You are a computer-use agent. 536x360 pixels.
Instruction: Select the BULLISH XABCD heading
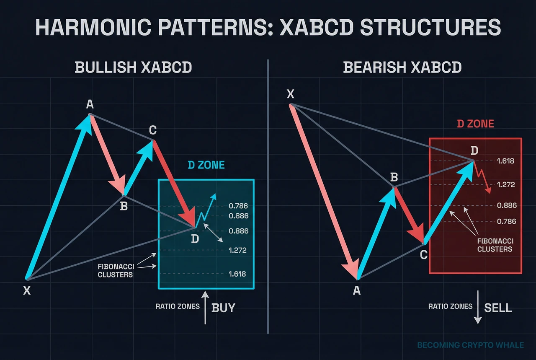click(x=133, y=67)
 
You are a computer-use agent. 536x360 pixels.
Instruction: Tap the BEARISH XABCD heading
click(x=402, y=67)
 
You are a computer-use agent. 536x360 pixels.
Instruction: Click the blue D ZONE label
click(x=206, y=165)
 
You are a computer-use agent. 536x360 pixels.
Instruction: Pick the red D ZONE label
click(x=475, y=124)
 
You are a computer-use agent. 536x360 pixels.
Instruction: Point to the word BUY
click(x=223, y=308)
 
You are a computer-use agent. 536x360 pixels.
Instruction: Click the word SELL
click(x=498, y=308)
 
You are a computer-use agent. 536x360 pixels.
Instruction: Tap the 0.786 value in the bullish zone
click(x=238, y=206)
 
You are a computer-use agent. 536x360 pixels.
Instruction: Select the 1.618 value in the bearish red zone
click(x=505, y=161)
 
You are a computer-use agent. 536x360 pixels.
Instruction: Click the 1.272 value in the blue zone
click(x=237, y=250)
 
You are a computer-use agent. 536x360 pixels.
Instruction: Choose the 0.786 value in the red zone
click(x=506, y=221)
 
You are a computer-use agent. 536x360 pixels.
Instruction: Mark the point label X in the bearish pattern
click(x=291, y=94)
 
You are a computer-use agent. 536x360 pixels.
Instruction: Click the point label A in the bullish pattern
click(x=90, y=104)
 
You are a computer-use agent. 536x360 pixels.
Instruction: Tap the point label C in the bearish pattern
click(x=423, y=255)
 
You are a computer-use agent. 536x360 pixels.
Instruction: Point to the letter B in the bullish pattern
click(x=124, y=206)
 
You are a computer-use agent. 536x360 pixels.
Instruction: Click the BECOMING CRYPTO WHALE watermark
click(x=470, y=345)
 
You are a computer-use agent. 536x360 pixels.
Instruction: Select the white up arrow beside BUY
click(x=205, y=308)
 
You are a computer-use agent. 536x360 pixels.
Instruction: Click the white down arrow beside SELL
click(x=478, y=307)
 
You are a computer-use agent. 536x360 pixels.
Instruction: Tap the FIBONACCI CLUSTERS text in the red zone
click(x=495, y=245)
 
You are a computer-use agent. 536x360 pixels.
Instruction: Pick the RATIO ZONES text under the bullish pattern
click(x=177, y=306)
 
